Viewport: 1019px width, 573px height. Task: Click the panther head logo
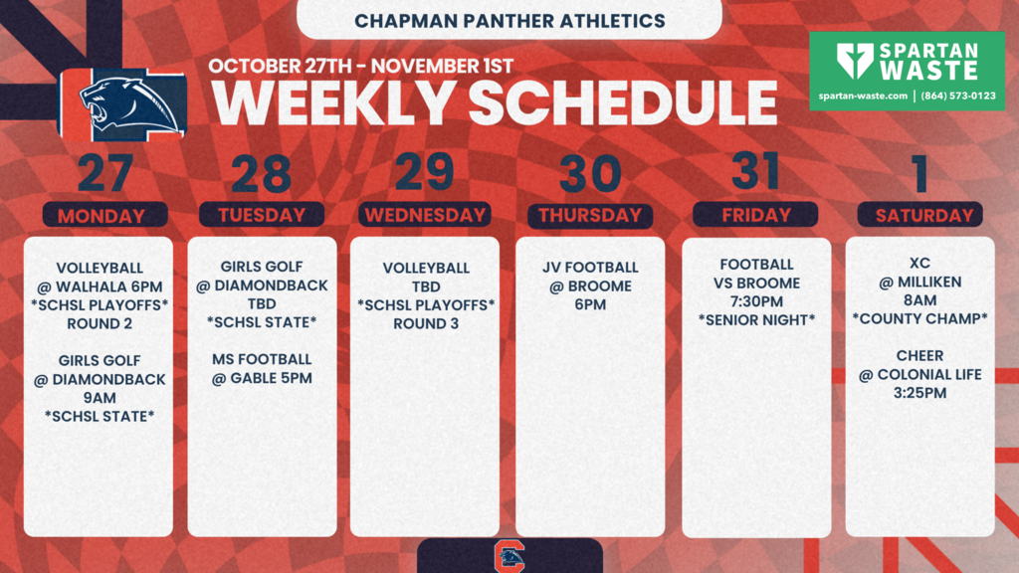[x=129, y=104]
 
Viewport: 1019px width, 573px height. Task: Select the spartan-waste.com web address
[x=862, y=96]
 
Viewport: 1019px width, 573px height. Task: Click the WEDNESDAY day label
[x=425, y=215]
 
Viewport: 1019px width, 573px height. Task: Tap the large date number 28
[x=262, y=175]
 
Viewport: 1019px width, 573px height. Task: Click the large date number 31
[x=755, y=171]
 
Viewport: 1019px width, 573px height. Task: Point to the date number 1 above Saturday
[x=920, y=175]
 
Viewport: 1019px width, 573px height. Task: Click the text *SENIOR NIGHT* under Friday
[x=756, y=320]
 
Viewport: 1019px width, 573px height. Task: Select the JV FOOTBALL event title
[x=590, y=268]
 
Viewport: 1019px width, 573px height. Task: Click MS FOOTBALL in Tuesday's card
[x=262, y=359]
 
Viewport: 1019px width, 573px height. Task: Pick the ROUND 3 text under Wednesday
[x=425, y=323]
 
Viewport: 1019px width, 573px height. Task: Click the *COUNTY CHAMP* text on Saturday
[x=919, y=319]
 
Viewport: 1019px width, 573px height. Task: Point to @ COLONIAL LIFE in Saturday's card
[x=920, y=374]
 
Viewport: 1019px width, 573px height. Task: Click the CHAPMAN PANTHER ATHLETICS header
[x=509, y=20]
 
